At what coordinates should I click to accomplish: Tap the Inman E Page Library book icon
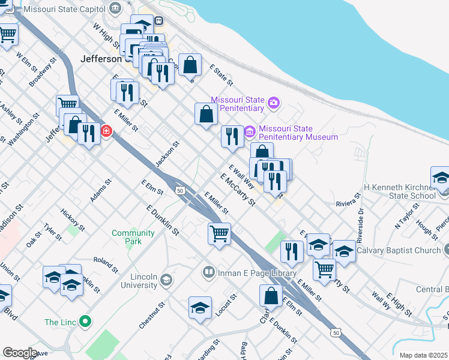(x=208, y=273)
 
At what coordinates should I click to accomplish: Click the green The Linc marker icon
(x=85, y=322)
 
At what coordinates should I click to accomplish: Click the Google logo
(x=19, y=353)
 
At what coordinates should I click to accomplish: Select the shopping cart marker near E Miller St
(x=219, y=233)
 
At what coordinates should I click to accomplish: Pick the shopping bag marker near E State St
(x=190, y=64)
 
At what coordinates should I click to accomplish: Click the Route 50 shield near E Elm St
(x=179, y=190)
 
